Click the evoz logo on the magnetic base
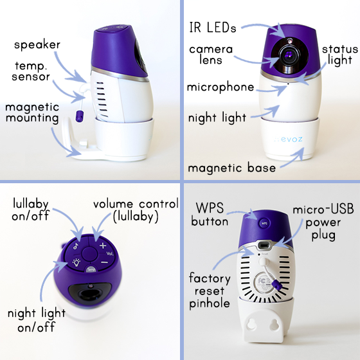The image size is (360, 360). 289,139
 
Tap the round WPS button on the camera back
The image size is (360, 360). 264,223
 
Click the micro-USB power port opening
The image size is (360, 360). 264,245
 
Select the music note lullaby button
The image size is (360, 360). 76,246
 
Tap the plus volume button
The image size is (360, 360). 103,246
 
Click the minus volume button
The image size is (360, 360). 104,262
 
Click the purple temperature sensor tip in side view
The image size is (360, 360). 79,116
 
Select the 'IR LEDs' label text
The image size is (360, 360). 213,28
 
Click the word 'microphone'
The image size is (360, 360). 221,87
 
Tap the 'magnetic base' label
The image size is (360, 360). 231,168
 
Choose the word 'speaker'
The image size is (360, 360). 37,44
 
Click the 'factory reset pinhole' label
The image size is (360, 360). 210,291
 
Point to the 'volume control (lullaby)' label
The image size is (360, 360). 136,211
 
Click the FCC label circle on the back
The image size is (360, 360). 264,283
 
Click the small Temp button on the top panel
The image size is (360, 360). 91,269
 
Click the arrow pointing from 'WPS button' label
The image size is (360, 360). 244,213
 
